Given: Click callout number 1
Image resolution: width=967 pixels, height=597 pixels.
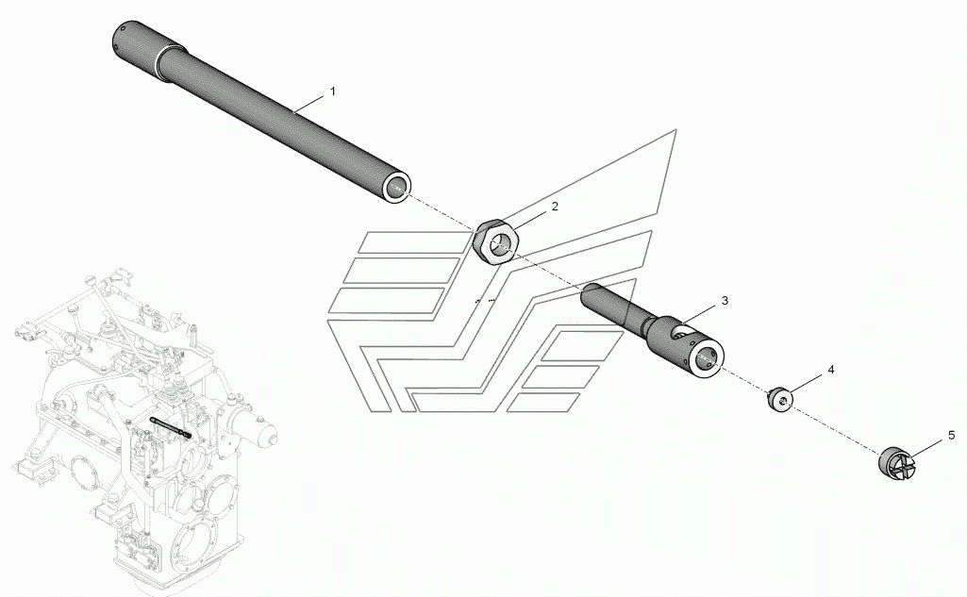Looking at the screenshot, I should click(x=332, y=91).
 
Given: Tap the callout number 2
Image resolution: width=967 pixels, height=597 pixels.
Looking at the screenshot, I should click(x=555, y=207).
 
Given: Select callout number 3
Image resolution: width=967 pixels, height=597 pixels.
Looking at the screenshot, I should click(x=725, y=301).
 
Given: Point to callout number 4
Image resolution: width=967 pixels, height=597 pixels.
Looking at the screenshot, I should click(x=831, y=370).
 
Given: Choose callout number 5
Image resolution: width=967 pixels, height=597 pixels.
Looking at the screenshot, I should click(x=951, y=436).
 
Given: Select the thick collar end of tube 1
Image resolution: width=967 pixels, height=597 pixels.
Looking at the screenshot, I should click(x=137, y=41).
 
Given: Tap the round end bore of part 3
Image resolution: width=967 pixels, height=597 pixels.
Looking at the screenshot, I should click(x=709, y=357).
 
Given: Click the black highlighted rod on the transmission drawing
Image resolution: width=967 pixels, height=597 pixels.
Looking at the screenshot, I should click(x=171, y=426).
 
